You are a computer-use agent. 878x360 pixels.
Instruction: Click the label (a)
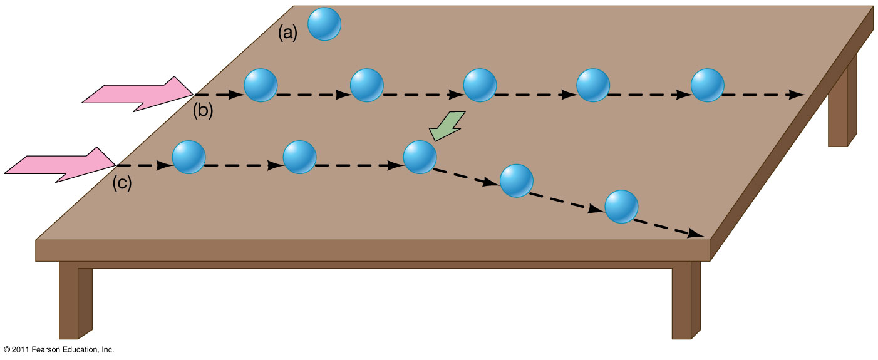click(287, 33)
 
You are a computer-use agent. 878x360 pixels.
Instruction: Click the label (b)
click(203, 111)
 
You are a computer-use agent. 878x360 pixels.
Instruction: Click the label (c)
click(122, 184)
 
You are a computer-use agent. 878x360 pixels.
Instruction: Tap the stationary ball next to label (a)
click(324, 24)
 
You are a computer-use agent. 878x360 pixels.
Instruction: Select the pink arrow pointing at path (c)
click(59, 165)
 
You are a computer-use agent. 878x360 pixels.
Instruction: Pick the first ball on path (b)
click(261, 85)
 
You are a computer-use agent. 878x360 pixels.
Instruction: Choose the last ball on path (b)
click(707, 85)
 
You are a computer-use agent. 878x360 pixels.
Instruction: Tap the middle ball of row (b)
click(480, 85)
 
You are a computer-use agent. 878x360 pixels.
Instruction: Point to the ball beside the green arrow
click(420, 157)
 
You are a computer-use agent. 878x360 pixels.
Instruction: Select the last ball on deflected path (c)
click(621, 205)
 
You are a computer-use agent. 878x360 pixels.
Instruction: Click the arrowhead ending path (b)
click(798, 95)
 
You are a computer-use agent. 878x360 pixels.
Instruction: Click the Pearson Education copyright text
click(59, 349)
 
